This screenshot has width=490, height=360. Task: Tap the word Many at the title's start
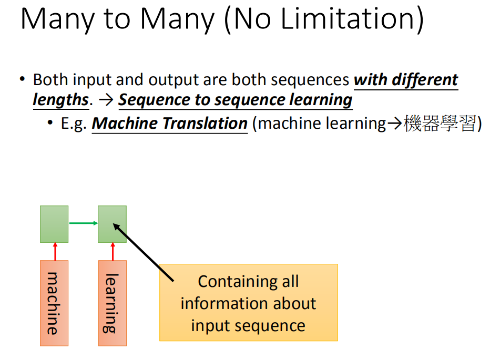57,20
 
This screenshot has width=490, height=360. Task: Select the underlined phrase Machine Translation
170,123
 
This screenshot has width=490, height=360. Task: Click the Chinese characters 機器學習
440,123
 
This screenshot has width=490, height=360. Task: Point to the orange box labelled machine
54,303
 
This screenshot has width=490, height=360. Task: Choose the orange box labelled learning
113,303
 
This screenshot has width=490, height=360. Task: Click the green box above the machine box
54,224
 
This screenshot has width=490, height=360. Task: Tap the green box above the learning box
112,224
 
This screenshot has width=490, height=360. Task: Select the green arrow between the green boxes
84,223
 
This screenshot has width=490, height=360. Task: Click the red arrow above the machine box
55,251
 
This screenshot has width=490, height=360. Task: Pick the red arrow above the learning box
113,251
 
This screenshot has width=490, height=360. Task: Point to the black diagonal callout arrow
143,252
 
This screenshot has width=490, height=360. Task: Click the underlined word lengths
61,100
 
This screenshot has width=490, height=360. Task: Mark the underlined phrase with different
406,80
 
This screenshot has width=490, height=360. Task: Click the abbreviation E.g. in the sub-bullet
74,124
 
